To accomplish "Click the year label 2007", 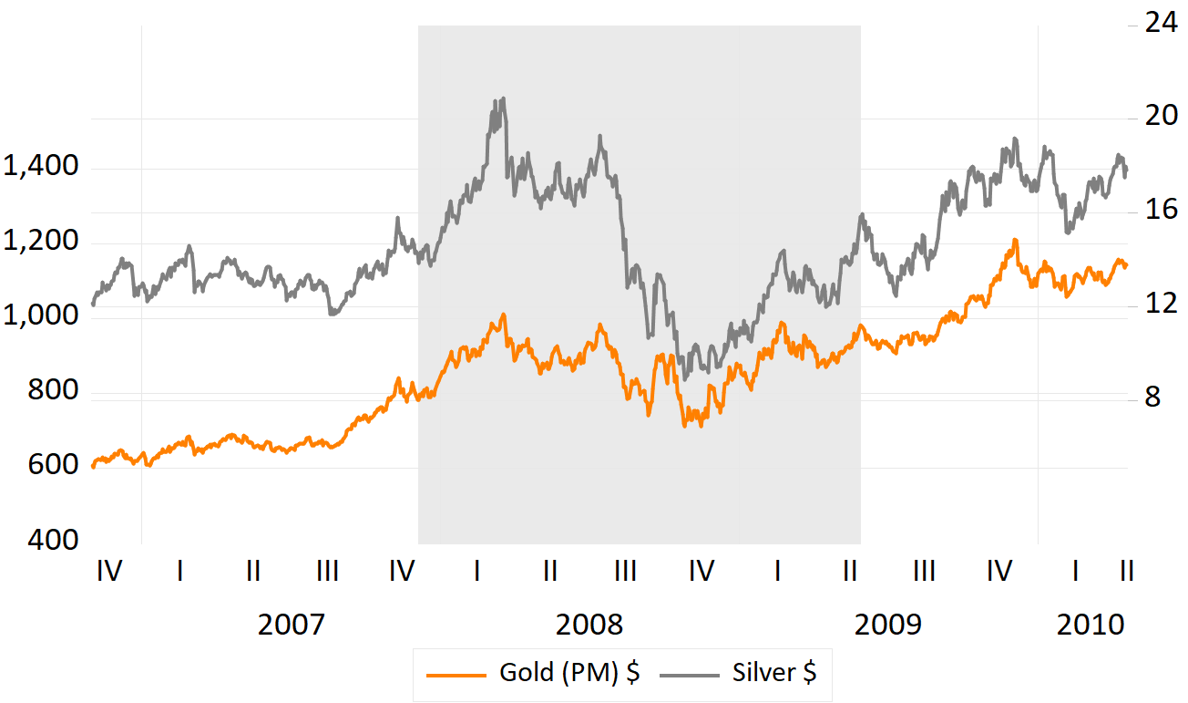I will click(291, 625).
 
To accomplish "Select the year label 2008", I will click(589, 625).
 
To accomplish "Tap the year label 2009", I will click(888, 625).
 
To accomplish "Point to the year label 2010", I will click(1091, 625).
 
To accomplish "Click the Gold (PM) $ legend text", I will click(568, 674).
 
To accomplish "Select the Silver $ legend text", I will click(773, 674).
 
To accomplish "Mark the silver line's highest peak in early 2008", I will click(502, 98).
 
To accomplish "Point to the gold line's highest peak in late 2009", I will click(1014, 241).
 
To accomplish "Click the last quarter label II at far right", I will click(1126, 572).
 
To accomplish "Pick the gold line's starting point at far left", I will click(93, 466).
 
